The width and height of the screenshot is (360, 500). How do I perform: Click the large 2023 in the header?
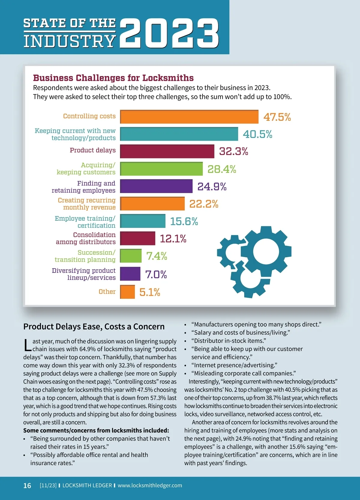click(x=169, y=33)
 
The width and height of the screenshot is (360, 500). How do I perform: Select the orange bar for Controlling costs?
click(x=189, y=117)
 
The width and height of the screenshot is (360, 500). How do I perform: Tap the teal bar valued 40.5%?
click(x=179, y=134)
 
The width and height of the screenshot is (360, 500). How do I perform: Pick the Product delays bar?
click(x=167, y=151)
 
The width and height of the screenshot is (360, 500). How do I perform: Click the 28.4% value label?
click(x=222, y=169)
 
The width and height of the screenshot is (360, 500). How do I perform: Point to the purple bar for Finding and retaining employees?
click(x=156, y=186)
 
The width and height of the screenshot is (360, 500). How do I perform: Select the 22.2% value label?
click(x=204, y=204)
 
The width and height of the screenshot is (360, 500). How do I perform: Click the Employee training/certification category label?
click(x=85, y=222)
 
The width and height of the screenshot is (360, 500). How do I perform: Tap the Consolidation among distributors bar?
click(x=138, y=238)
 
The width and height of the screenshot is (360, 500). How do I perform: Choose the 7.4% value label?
click(x=157, y=256)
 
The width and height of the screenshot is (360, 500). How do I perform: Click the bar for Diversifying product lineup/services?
click(x=130, y=274)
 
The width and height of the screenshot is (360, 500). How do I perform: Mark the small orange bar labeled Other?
click(x=127, y=292)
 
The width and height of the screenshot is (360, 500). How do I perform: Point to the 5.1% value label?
click(x=150, y=292)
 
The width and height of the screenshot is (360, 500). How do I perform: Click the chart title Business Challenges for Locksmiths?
click(x=113, y=78)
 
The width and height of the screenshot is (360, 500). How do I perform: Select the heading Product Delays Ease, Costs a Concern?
click(x=94, y=326)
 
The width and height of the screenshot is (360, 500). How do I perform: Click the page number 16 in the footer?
click(x=27, y=486)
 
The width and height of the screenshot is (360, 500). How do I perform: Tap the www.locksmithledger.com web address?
click(x=150, y=485)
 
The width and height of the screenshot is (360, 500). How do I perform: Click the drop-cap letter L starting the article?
click(x=27, y=345)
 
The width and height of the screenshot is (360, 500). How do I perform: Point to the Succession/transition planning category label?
click(x=85, y=256)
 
